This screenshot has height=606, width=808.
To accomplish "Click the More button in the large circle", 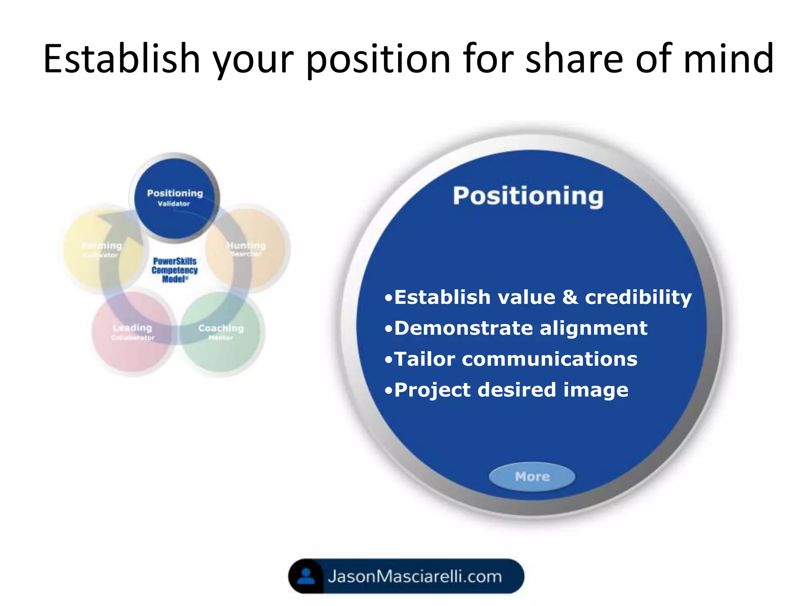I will pyautogui.click(x=532, y=477).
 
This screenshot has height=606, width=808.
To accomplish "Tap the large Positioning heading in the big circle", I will pyautogui.click(x=528, y=196).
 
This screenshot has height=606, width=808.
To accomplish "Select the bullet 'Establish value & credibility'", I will pyautogui.click(x=539, y=297).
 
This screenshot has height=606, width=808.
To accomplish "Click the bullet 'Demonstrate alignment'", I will pyautogui.click(x=516, y=328).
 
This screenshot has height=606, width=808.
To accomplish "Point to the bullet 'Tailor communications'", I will pyautogui.click(x=511, y=359).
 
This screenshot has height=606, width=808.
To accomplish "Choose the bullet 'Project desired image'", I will pyautogui.click(x=507, y=390).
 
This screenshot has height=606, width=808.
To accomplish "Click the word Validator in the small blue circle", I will pyautogui.click(x=174, y=204).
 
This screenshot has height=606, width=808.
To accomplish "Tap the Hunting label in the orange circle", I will pyautogui.click(x=246, y=245).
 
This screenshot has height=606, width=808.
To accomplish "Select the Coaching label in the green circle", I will pyautogui.click(x=221, y=328).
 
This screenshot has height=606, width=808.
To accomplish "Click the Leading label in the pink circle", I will pyautogui.click(x=132, y=328).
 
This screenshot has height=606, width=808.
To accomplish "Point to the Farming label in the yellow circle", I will pyautogui.click(x=102, y=246).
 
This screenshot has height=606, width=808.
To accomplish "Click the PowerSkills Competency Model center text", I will pyautogui.click(x=174, y=270).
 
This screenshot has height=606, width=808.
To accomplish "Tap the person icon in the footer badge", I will pyautogui.click(x=306, y=576).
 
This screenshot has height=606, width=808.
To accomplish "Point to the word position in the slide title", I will pyautogui.click(x=378, y=59).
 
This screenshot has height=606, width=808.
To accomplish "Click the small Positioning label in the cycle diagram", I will pyautogui.click(x=175, y=193).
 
